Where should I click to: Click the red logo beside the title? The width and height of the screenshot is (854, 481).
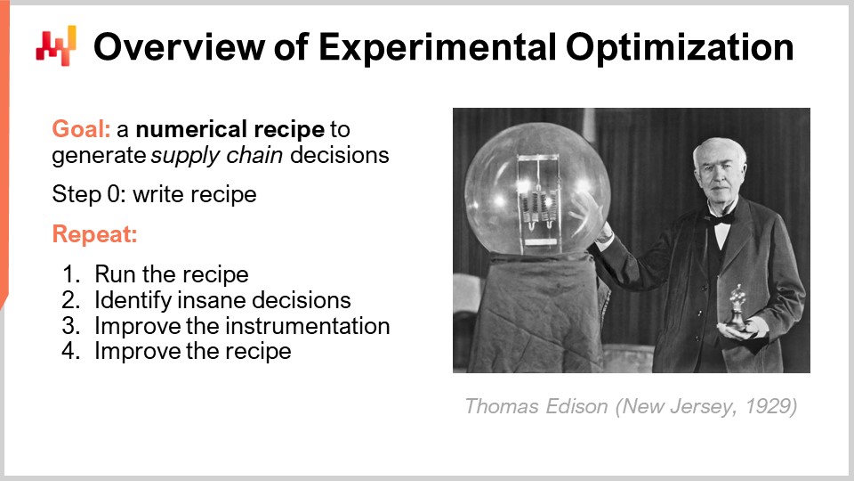56,45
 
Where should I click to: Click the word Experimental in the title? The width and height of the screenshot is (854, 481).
420,46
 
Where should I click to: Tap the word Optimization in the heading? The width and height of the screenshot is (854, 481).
680,46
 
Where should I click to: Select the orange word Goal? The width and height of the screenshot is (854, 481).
81,128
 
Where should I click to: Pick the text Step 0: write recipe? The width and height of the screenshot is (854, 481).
154,193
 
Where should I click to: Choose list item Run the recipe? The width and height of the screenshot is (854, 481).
172,273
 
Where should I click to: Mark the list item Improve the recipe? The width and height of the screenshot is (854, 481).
193,351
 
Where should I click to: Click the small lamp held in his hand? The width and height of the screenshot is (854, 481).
737,307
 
